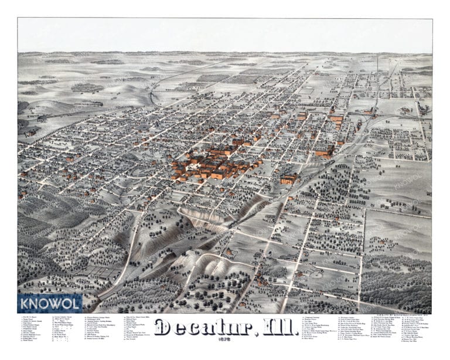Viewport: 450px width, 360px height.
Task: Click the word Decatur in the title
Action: pyautogui.click(x=193, y=327)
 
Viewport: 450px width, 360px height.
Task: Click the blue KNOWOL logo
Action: pyautogui.click(x=50, y=303)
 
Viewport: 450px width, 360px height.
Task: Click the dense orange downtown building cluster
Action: pyautogui.click(x=214, y=164)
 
